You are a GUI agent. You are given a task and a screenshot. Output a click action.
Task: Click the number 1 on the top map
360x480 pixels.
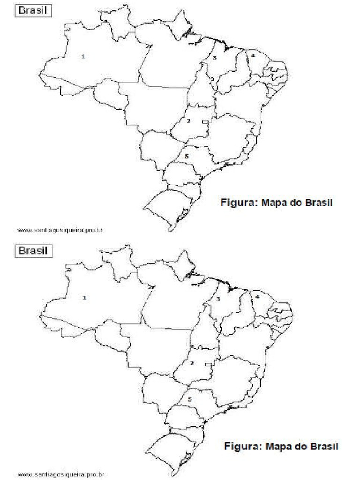click(83, 56)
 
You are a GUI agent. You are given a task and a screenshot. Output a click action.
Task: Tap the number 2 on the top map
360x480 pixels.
click(188, 121)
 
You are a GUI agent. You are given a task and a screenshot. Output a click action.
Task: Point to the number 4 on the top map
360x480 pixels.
click(253, 55)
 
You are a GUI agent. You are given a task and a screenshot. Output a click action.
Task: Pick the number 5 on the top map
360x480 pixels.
click(187, 156)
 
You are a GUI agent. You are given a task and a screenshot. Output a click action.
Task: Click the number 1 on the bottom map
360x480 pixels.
click(85, 297)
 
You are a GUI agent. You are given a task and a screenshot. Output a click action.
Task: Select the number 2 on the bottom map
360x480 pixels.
click(192, 363)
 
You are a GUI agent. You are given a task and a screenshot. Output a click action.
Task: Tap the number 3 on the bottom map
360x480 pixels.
click(218, 299)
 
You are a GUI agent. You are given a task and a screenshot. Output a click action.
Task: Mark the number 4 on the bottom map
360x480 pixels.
click(257, 296)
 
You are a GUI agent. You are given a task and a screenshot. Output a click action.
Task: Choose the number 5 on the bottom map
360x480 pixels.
click(189, 399)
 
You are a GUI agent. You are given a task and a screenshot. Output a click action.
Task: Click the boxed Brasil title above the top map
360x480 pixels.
click(33, 10)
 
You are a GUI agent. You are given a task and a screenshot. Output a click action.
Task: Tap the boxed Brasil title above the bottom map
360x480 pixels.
click(33, 251)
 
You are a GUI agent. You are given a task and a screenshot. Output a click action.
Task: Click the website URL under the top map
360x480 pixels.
click(60, 230)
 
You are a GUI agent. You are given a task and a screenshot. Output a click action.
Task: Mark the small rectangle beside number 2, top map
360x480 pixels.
click(205, 122)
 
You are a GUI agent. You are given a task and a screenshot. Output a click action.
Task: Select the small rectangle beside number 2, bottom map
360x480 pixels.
click(209, 364)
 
